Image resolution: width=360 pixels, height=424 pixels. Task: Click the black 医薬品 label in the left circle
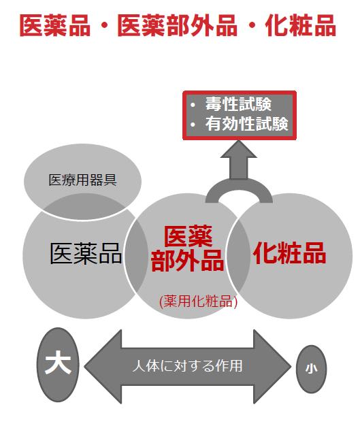point(86,253)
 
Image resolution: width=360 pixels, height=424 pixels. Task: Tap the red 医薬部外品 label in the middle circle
point(188,248)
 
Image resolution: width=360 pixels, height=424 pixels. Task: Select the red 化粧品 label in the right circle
point(289,252)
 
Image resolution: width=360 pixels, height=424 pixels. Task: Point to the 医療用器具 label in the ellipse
point(82,180)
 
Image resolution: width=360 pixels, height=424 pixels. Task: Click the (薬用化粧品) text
point(198,301)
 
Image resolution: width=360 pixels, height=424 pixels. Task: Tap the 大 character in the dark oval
point(58,362)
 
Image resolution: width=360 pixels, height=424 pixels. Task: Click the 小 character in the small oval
point(311,368)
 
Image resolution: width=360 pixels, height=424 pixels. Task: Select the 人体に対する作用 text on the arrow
point(187,366)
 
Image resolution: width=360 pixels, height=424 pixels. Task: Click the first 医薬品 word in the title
point(55,25)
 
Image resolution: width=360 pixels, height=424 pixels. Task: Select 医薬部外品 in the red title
point(178,25)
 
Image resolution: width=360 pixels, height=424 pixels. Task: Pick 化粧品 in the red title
point(301,25)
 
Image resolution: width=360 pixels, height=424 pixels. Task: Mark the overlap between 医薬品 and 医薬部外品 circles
point(136,255)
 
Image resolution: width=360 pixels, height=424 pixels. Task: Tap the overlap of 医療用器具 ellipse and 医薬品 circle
point(84,207)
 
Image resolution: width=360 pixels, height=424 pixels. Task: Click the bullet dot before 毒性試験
point(193,105)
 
